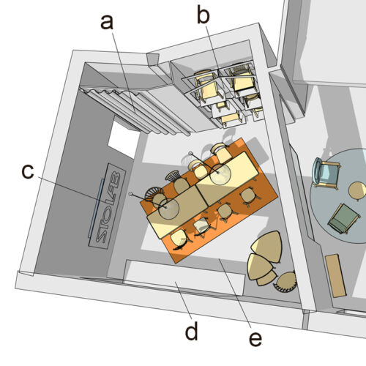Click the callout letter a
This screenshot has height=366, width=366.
coord(107,22)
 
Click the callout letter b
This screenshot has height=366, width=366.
coord(203,15)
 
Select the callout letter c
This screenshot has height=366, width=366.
coord(28,171)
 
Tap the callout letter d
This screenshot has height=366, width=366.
coord(192,331)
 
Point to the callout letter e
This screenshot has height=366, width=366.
coord(255,338)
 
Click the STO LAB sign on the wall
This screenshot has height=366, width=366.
coord(108,206)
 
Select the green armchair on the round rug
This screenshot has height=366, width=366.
coord(343,219)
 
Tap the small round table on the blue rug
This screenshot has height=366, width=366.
coord(357,191)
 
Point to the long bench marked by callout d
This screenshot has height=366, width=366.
coord(184,277)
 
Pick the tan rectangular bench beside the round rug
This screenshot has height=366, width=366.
coord(335,276)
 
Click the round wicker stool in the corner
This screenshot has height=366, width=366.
coord(285,282)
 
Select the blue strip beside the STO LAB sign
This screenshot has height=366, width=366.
coord(96,208)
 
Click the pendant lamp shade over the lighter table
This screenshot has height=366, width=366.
coord(220,174)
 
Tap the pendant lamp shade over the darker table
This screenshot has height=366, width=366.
coord(169,209)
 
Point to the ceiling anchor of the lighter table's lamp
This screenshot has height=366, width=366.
coord(190,154)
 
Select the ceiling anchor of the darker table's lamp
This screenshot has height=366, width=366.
coord(131,194)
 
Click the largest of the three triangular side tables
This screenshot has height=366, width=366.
coord(267,247)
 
